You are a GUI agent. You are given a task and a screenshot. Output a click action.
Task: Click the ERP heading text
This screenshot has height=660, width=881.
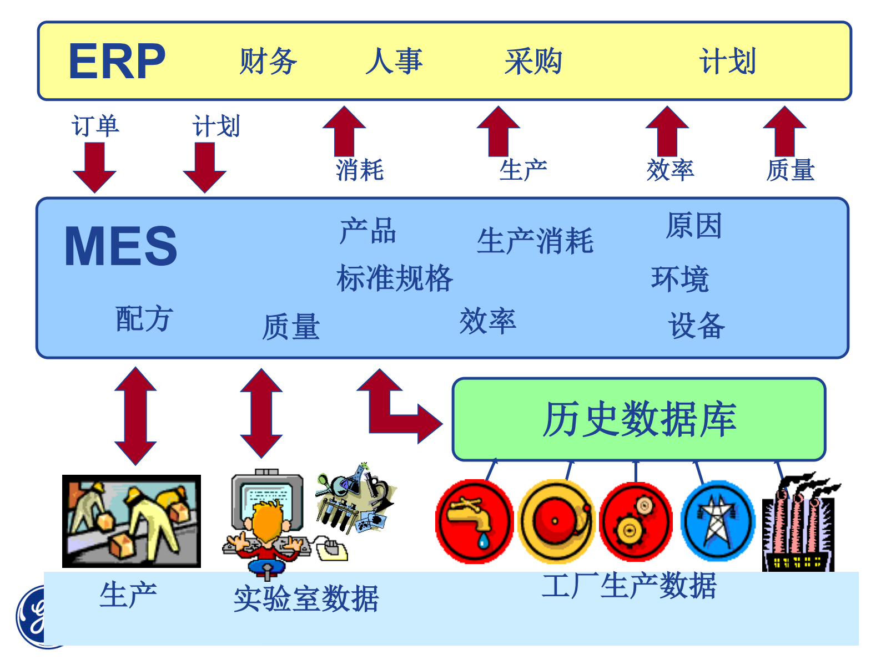[x=117, y=62]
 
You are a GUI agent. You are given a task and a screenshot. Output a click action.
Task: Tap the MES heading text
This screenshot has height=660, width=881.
[x=120, y=246]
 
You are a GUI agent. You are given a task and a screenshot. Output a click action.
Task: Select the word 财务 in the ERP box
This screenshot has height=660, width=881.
[x=268, y=61]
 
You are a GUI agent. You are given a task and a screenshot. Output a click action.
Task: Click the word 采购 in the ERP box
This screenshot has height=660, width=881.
[x=533, y=61]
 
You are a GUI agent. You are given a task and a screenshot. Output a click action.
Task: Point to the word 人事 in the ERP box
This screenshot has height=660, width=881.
[x=394, y=61]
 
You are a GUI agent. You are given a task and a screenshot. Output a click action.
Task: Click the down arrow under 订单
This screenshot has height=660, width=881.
[x=94, y=167]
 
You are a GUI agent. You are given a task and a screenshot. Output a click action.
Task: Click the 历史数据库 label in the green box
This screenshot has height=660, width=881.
[x=639, y=419]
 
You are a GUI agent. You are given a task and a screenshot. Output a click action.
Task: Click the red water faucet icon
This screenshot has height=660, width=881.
[x=475, y=521]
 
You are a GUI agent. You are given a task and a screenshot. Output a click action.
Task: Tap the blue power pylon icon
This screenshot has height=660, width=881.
[x=718, y=521]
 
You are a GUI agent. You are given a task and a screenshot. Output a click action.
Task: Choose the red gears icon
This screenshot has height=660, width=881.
[x=636, y=521]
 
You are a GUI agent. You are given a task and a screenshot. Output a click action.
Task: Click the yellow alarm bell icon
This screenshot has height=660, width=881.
[x=556, y=521]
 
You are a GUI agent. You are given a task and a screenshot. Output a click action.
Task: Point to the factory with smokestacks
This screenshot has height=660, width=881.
[x=799, y=524]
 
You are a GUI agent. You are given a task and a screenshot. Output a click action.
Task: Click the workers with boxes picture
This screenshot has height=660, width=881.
[x=132, y=521]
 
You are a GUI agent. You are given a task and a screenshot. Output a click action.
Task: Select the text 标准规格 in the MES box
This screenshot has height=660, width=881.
[x=395, y=278]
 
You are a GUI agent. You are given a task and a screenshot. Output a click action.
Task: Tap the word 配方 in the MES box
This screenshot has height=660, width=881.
[x=144, y=319]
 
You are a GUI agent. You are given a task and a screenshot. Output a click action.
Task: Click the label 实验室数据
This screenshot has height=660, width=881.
[x=306, y=599]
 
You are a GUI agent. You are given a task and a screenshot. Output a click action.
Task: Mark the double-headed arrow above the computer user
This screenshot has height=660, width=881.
[x=261, y=413]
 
